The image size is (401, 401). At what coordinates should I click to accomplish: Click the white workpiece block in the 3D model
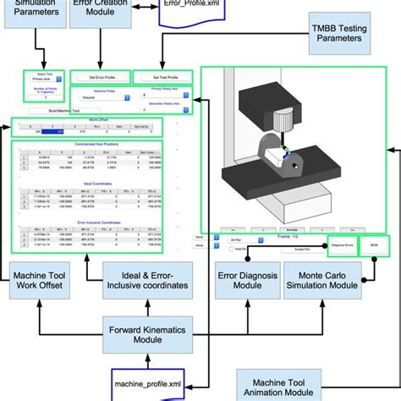(x=276, y=156)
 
